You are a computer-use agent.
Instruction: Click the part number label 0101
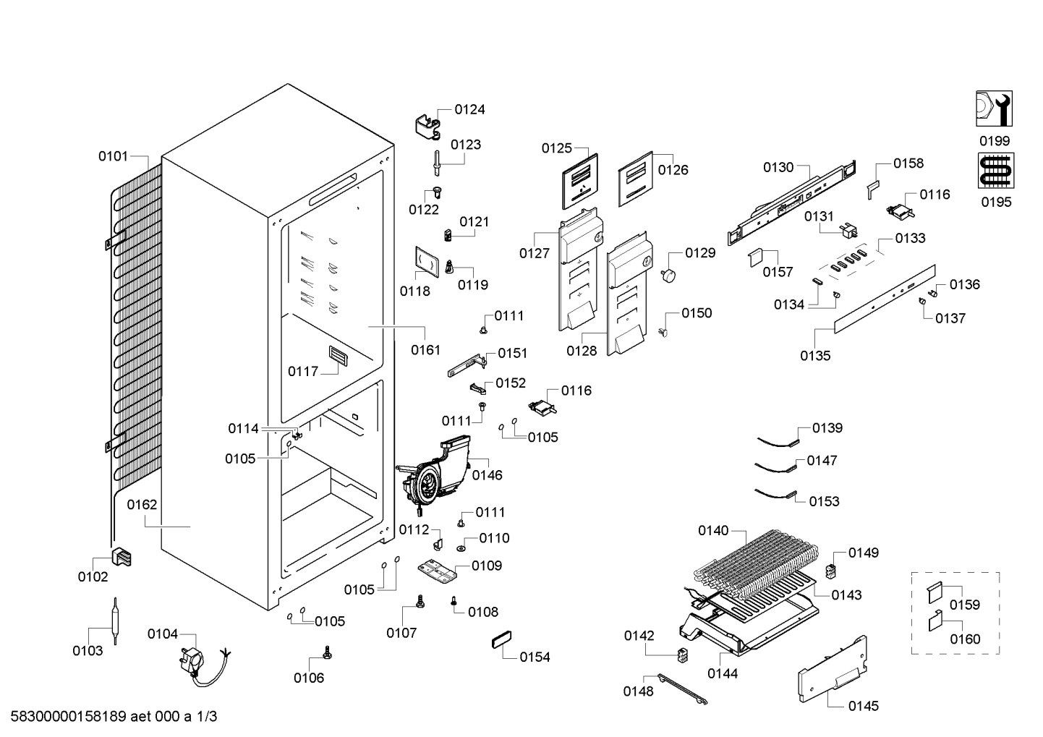tap(113, 156)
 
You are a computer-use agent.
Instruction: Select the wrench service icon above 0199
tap(994, 108)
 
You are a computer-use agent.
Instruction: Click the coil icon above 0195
tap(996, 171)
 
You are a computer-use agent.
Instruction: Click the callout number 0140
tap(713, 530)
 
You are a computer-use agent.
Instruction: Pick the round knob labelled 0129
tap(668, 275)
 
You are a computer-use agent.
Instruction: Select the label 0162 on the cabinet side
tap(142, 505)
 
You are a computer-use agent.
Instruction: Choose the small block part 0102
tap(122, 557)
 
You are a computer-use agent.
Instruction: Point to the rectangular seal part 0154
tap(501, 639)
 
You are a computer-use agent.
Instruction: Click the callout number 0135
tap(815, 356)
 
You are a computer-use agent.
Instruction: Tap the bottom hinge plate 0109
tap(437, 570)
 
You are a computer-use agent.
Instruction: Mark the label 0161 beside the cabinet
tap(425, 349)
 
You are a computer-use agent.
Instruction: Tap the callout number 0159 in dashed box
tap(965, 605)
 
